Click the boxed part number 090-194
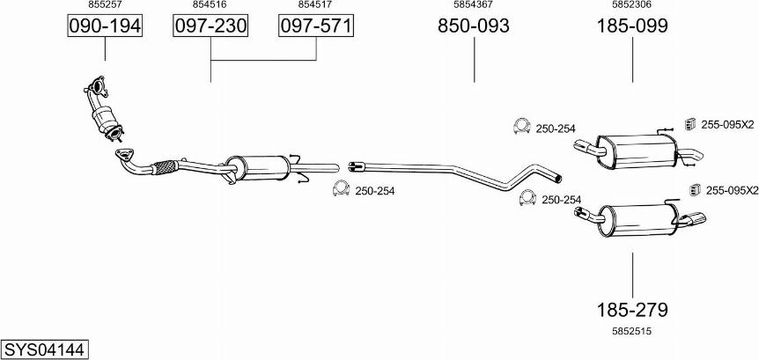point(105,26)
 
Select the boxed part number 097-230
point(210,26)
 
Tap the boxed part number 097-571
point(316,26)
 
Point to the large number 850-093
point(474,26)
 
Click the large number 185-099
point(632,26)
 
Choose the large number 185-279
point(632,310)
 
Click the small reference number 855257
point(105,4)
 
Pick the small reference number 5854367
point(474,4)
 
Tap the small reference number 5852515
point(632,332)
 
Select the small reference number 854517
point(316,4)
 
